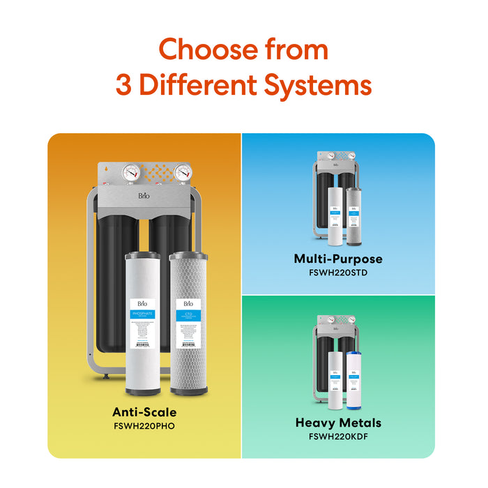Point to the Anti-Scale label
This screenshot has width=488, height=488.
click(x=144, y=412)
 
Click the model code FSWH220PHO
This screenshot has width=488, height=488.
click(x=144, y=425)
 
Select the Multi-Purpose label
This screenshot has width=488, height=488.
click(x=338, y=259)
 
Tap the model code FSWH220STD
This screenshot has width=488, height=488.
click(x=338, y=273)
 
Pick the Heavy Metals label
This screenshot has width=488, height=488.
click(x=338, y=423)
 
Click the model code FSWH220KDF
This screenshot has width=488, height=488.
click(x=338, y=436)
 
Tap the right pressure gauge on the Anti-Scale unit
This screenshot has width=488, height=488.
click(x=183, y=174)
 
